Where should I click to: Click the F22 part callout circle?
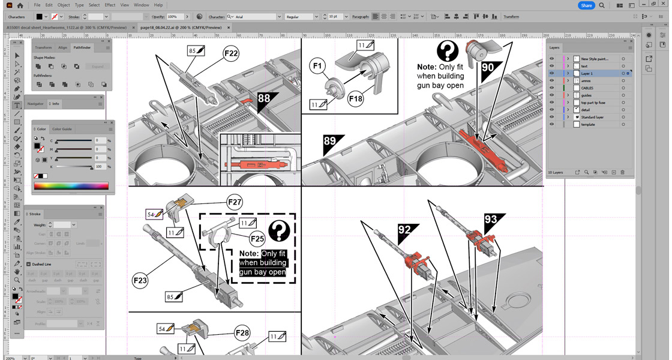point(232,53)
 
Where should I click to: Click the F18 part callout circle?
point(356,98)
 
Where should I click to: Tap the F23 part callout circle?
point(141,279)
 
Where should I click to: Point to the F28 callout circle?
point(242,332)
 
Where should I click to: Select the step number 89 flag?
point(329,142)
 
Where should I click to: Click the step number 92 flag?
point(405,229)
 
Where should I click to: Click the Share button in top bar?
point(586,5)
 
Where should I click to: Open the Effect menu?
point(110,5)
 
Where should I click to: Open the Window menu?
point(141,5)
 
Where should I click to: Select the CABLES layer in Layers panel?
point(587,88)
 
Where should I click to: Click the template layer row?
point(588,124)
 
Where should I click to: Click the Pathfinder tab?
point(83,47)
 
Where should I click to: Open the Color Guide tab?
point(62,129)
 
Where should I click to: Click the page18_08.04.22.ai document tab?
point(181,27)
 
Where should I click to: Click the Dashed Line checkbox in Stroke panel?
point(28,264)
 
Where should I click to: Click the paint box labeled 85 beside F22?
point(196,52)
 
